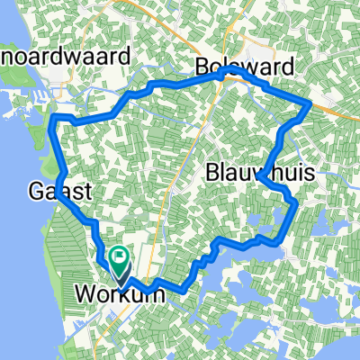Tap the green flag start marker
[120, 261]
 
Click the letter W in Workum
[85, 293]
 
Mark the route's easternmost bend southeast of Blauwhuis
[295, 205]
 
